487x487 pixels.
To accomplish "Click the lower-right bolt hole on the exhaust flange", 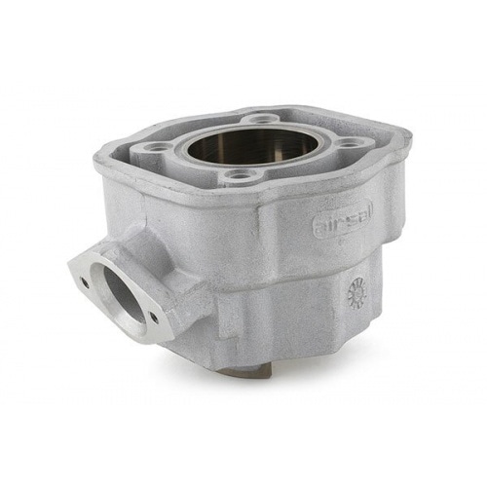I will (152, 317).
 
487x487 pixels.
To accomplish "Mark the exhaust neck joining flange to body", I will (161, 263).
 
